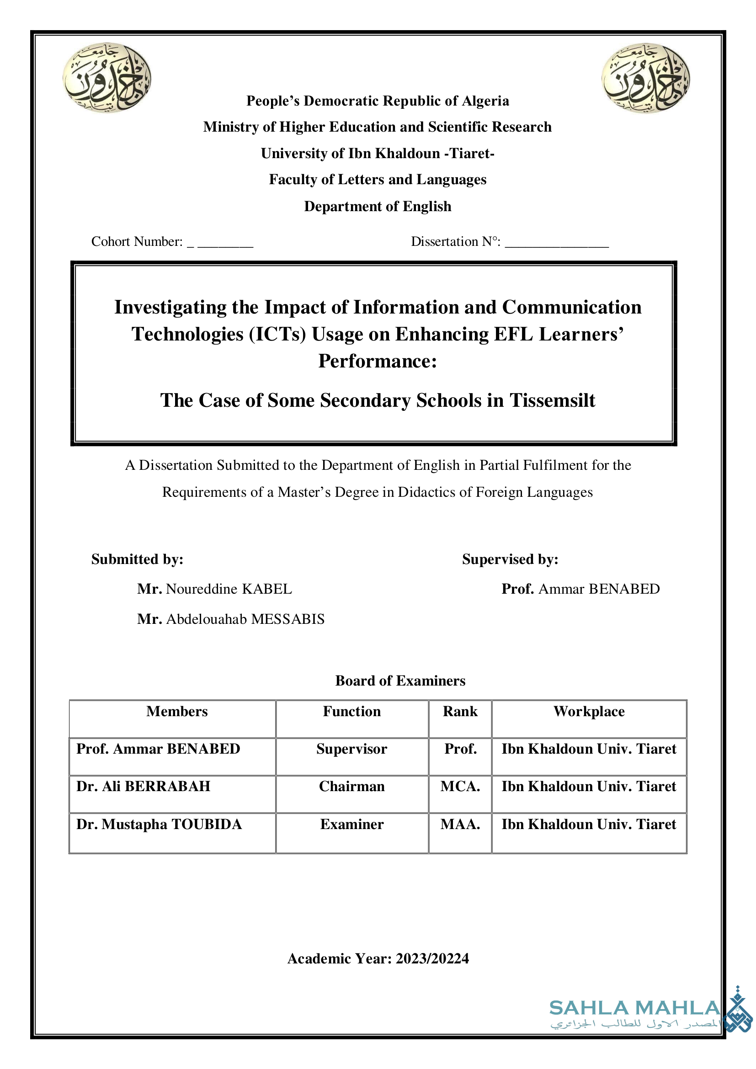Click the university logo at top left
(106, 77)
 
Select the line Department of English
(378, 206)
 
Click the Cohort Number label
(137, 242)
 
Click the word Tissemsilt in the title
(552, 400)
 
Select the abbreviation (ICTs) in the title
(277, 334)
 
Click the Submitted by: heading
(137, 559)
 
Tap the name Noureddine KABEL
(229, 589)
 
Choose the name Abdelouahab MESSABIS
(245, 619)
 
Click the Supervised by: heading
(510, 559)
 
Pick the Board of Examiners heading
(400, 681)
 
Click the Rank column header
(460, 712)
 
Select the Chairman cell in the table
(352, 787)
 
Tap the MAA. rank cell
(460, 824)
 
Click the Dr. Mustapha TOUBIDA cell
(159, 824)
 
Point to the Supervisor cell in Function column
(352, 749)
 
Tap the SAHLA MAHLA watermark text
(634, 1008)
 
